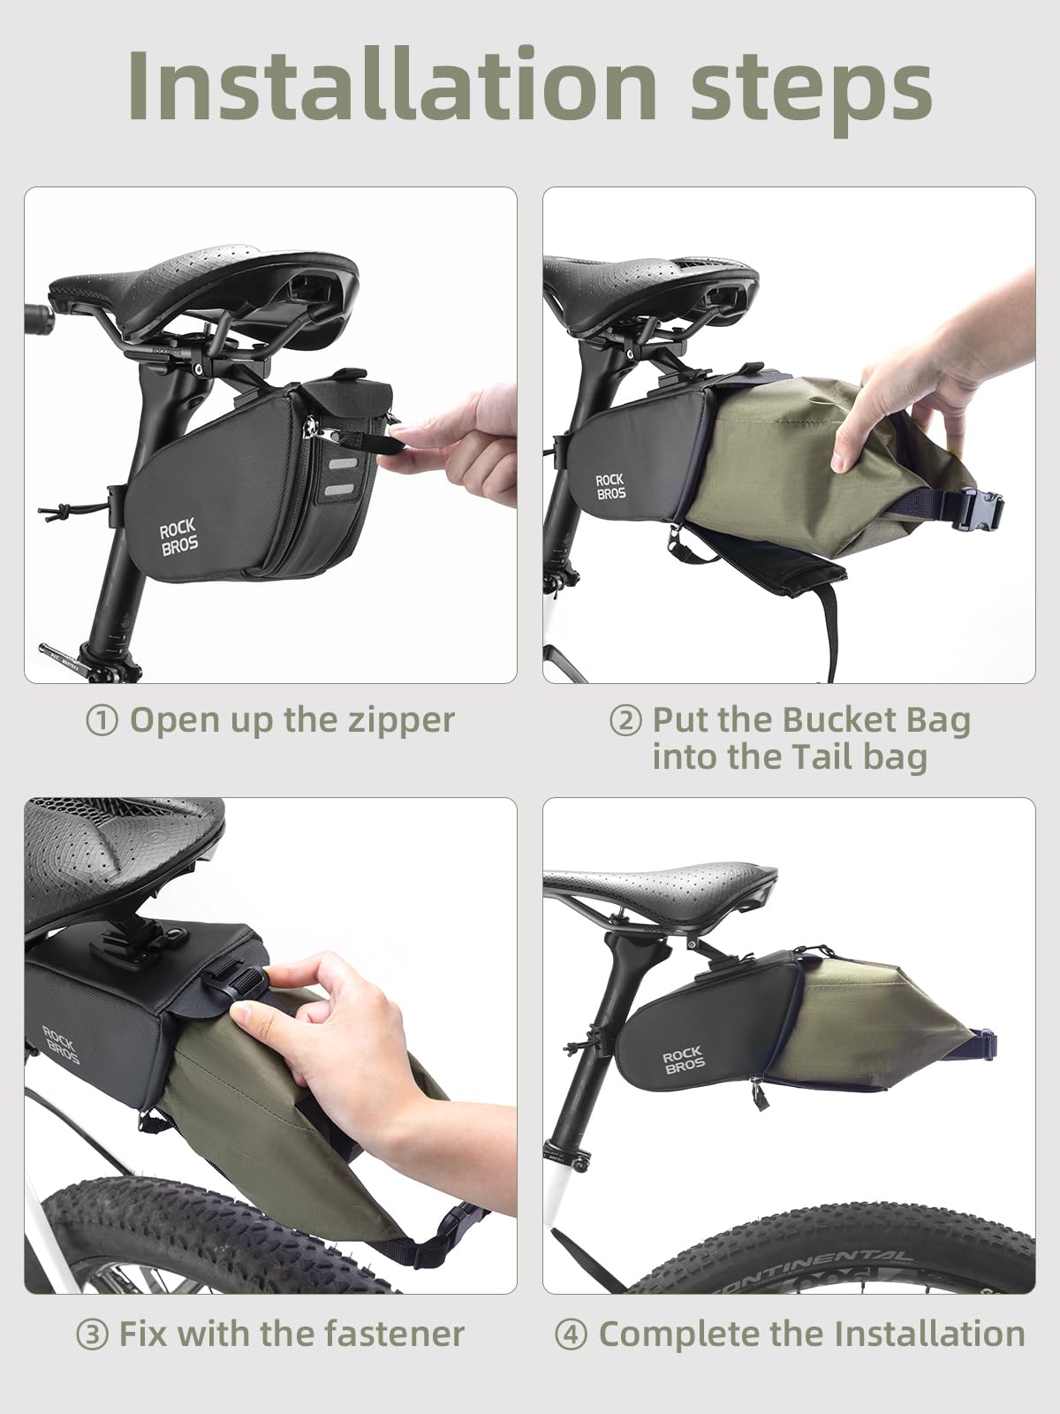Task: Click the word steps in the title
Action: coord(810,87)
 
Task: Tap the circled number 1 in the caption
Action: coord(102,720)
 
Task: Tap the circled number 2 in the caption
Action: coord(625,720)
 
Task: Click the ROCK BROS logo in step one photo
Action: coord(178,538)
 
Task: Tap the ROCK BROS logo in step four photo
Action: coord(683,1060)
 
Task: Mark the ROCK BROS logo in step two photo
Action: coord(609,486)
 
